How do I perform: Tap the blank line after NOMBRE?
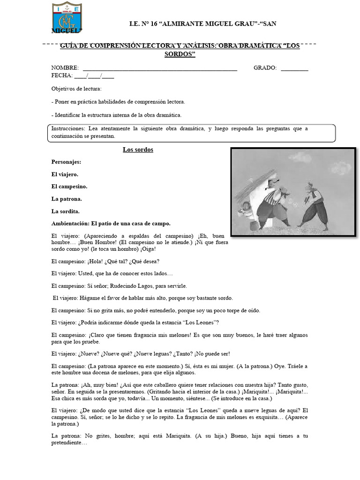pyautogui.click(x=159, y=68)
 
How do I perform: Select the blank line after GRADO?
pyautogui.click(x=294, y=68)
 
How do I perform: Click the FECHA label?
pyautogui.click(x=62, y=75)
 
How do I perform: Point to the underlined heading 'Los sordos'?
pyautogui.click(x=138, y=150)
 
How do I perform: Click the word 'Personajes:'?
pyautogui.click(x=66, y=162)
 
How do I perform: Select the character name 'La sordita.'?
pyautogui.click(x=65, y=211)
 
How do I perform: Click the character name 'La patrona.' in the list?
pyautogui.click(x=67, y=199)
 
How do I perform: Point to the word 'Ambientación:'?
pyautogui.click(x=70, y=223)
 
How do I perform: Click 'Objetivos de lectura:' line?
pyautogui.click(x=76, y=89)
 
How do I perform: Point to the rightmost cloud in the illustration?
pyautogui.click(x=341, y=167)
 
